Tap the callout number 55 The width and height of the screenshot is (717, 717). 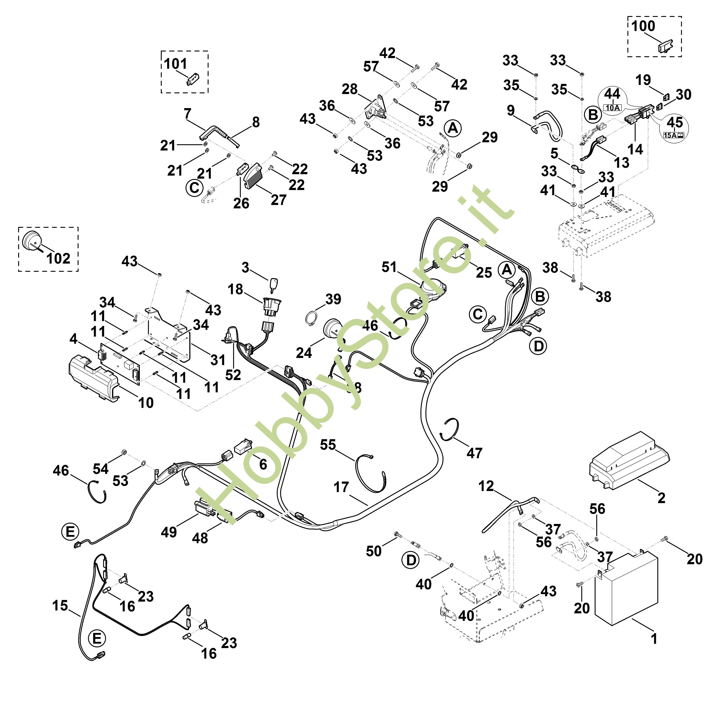click(x=328, y=445)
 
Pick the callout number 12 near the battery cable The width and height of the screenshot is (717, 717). click(x=486, y=486)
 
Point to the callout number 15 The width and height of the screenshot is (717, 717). click(x=60, y=606)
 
